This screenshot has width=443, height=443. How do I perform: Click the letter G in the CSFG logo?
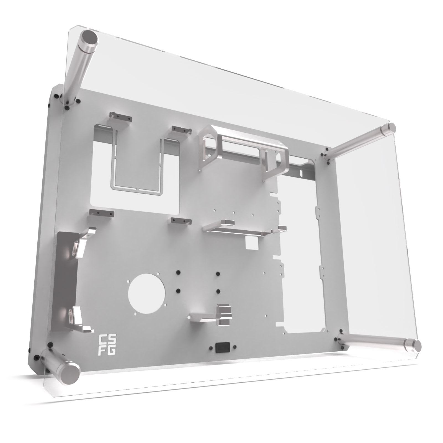click(112, 350)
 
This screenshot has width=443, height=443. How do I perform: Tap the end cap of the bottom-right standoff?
click(416, 345)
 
